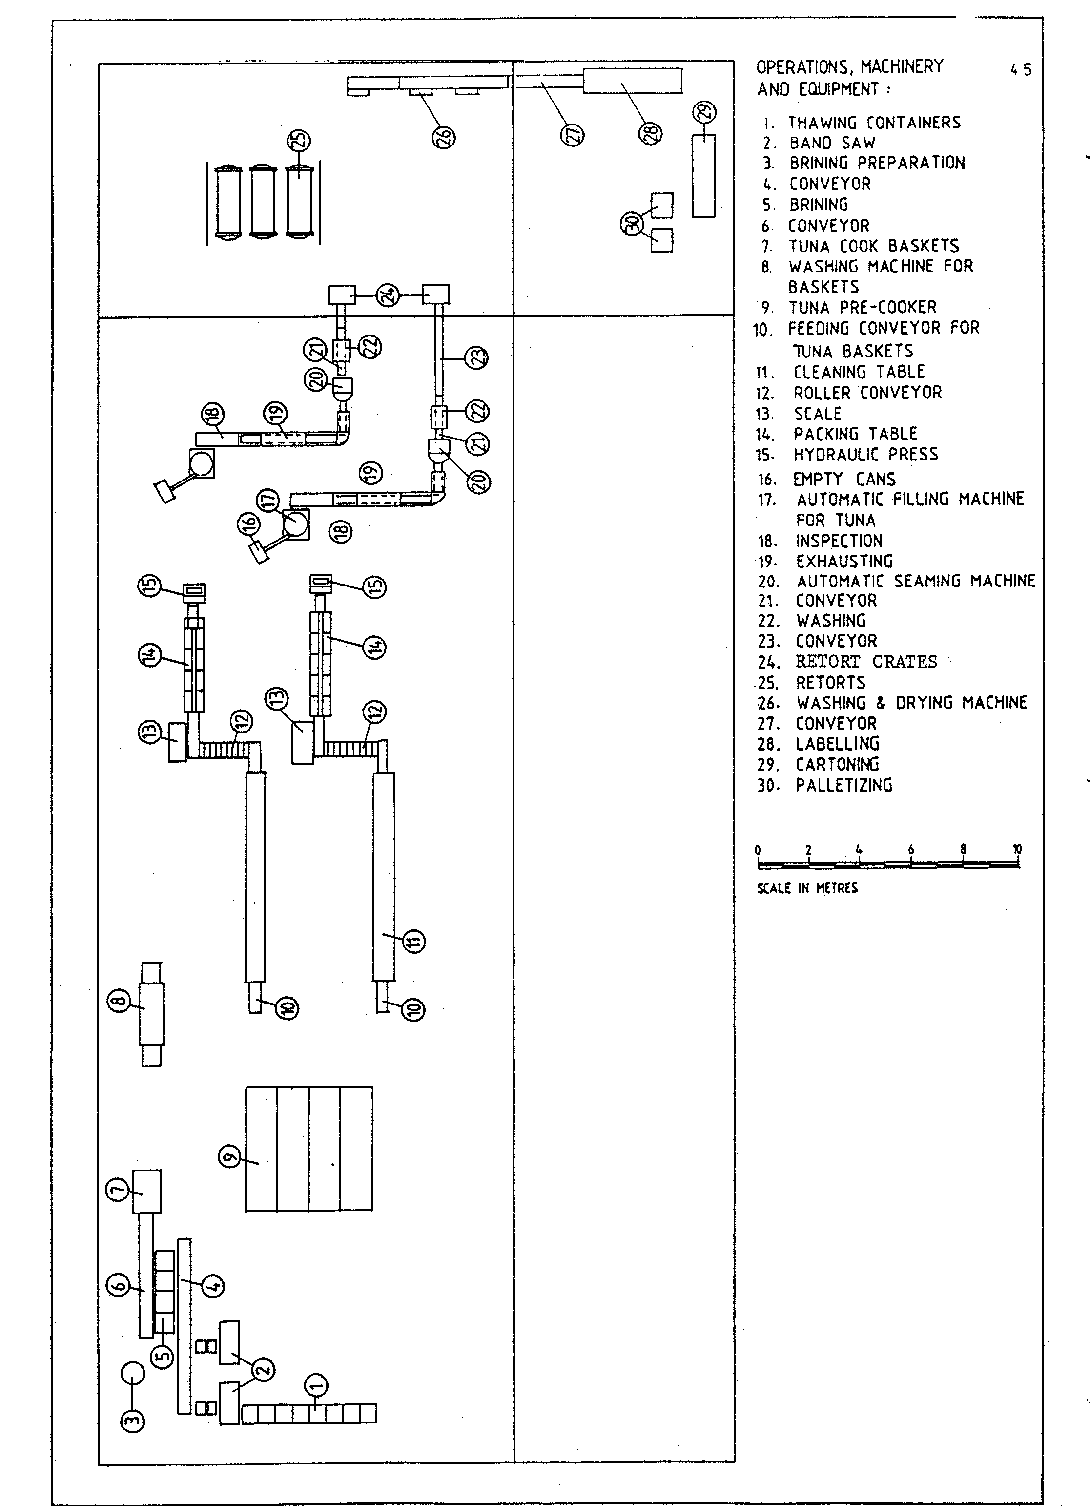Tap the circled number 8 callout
(x=118, y=1002)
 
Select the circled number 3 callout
(x=133, y=1421)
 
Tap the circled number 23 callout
(x=477, y=358)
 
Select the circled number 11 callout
(x=415, y=941)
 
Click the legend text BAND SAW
(x=832, y=143)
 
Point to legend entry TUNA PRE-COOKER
(x=863, y=308)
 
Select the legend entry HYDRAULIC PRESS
(x=865, y=455)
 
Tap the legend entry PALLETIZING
(x=843, y=785)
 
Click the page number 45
(x=1021, y=70)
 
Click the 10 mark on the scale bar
(x=1017, y=849)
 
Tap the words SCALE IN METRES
(x=807, y=888)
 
